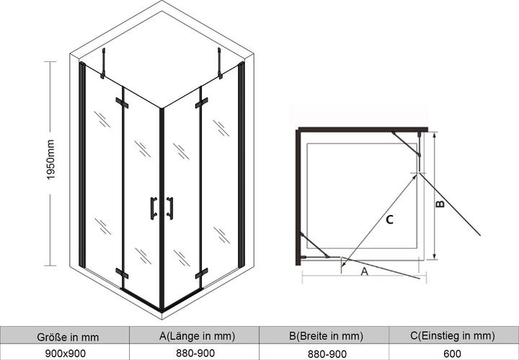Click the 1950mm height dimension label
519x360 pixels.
(50, 159)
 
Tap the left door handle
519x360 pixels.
(154, 208)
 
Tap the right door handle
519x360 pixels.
(170, 208)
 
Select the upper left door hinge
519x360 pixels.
(122, 103)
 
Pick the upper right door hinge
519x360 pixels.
(201, 103)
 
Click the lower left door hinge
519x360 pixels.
(122, 273)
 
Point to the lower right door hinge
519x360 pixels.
(201, 273)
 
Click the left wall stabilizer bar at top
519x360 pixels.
(103, 63)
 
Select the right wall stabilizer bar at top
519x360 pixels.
(219, 63)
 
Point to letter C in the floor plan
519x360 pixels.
(389, 219)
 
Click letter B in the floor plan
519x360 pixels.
(440, 203)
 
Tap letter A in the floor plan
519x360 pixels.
(364, 271)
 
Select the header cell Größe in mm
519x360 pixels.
(68, 337)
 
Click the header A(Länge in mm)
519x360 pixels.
(198, 336)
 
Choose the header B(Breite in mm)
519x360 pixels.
(326, 336)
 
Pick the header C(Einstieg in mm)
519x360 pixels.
(453, 336)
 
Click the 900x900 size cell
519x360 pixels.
(65, 354)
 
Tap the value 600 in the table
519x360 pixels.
(452, 354)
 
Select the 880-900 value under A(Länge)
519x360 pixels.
(195, 353)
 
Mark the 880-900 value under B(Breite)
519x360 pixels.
(327, 354)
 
